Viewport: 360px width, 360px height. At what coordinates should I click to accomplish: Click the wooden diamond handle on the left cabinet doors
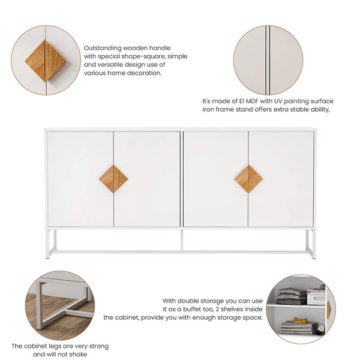coord(113,179)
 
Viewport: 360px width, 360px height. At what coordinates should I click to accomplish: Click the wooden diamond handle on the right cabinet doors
coord(248,179)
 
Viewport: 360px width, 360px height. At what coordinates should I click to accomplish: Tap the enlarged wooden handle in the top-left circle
coord(46,60)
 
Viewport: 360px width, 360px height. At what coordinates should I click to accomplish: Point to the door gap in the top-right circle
coord(268,60)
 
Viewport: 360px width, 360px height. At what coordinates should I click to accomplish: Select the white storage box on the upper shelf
coord(316,296)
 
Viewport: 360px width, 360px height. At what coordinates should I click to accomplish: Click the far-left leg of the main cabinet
coord(49,243)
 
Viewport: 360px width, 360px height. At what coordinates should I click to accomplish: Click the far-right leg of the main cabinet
coord(312,243)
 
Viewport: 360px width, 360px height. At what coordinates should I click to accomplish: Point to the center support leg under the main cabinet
coord(181,240)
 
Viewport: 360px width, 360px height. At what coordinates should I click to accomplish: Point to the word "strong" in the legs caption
coord(96,346)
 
